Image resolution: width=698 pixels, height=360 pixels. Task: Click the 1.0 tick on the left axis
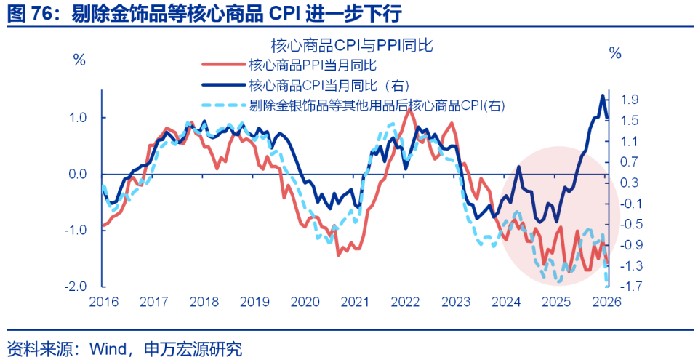78,118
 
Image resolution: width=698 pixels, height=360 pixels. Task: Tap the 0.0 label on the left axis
78,175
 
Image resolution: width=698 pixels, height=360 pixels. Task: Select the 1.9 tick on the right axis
630,100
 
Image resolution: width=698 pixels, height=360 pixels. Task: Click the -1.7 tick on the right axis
629,287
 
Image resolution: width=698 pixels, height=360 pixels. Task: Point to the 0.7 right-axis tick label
630,161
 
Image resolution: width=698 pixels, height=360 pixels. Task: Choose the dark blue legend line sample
222,85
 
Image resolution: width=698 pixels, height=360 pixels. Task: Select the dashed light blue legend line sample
222,105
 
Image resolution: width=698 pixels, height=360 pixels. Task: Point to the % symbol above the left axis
79,59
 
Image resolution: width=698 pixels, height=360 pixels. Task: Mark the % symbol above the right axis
615,53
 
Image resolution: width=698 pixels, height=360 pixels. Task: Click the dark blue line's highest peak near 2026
602,95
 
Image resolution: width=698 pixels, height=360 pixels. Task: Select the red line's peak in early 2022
409,110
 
